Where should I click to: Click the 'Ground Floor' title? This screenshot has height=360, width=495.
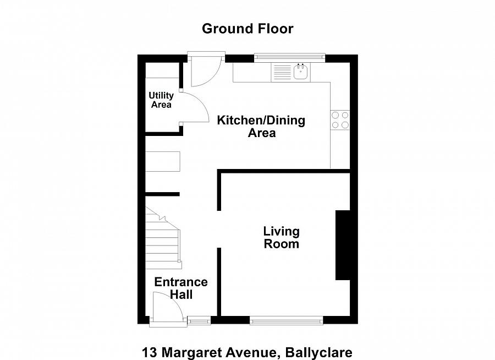tap(247, 29)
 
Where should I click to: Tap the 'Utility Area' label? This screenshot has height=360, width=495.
tap(161, 100)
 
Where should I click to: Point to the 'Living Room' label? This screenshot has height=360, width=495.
tap(281, 237)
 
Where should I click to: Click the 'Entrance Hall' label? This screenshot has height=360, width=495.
tap(181, 288)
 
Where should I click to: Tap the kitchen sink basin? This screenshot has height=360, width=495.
tap(300, 72)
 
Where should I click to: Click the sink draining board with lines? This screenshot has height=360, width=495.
tap(282, 73)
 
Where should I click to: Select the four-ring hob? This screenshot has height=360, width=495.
tap(340, 120)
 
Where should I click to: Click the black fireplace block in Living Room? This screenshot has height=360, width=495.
tap(343, 246)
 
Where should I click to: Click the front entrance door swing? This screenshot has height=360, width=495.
tap(166, 306)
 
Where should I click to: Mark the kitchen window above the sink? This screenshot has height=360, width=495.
tap(289, 57)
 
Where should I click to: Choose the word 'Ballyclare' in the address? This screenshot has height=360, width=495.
tap(318, 352)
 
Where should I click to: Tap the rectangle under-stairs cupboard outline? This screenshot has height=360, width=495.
tap(163, 161)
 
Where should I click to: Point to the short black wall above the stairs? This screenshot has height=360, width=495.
tap(162, 194)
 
